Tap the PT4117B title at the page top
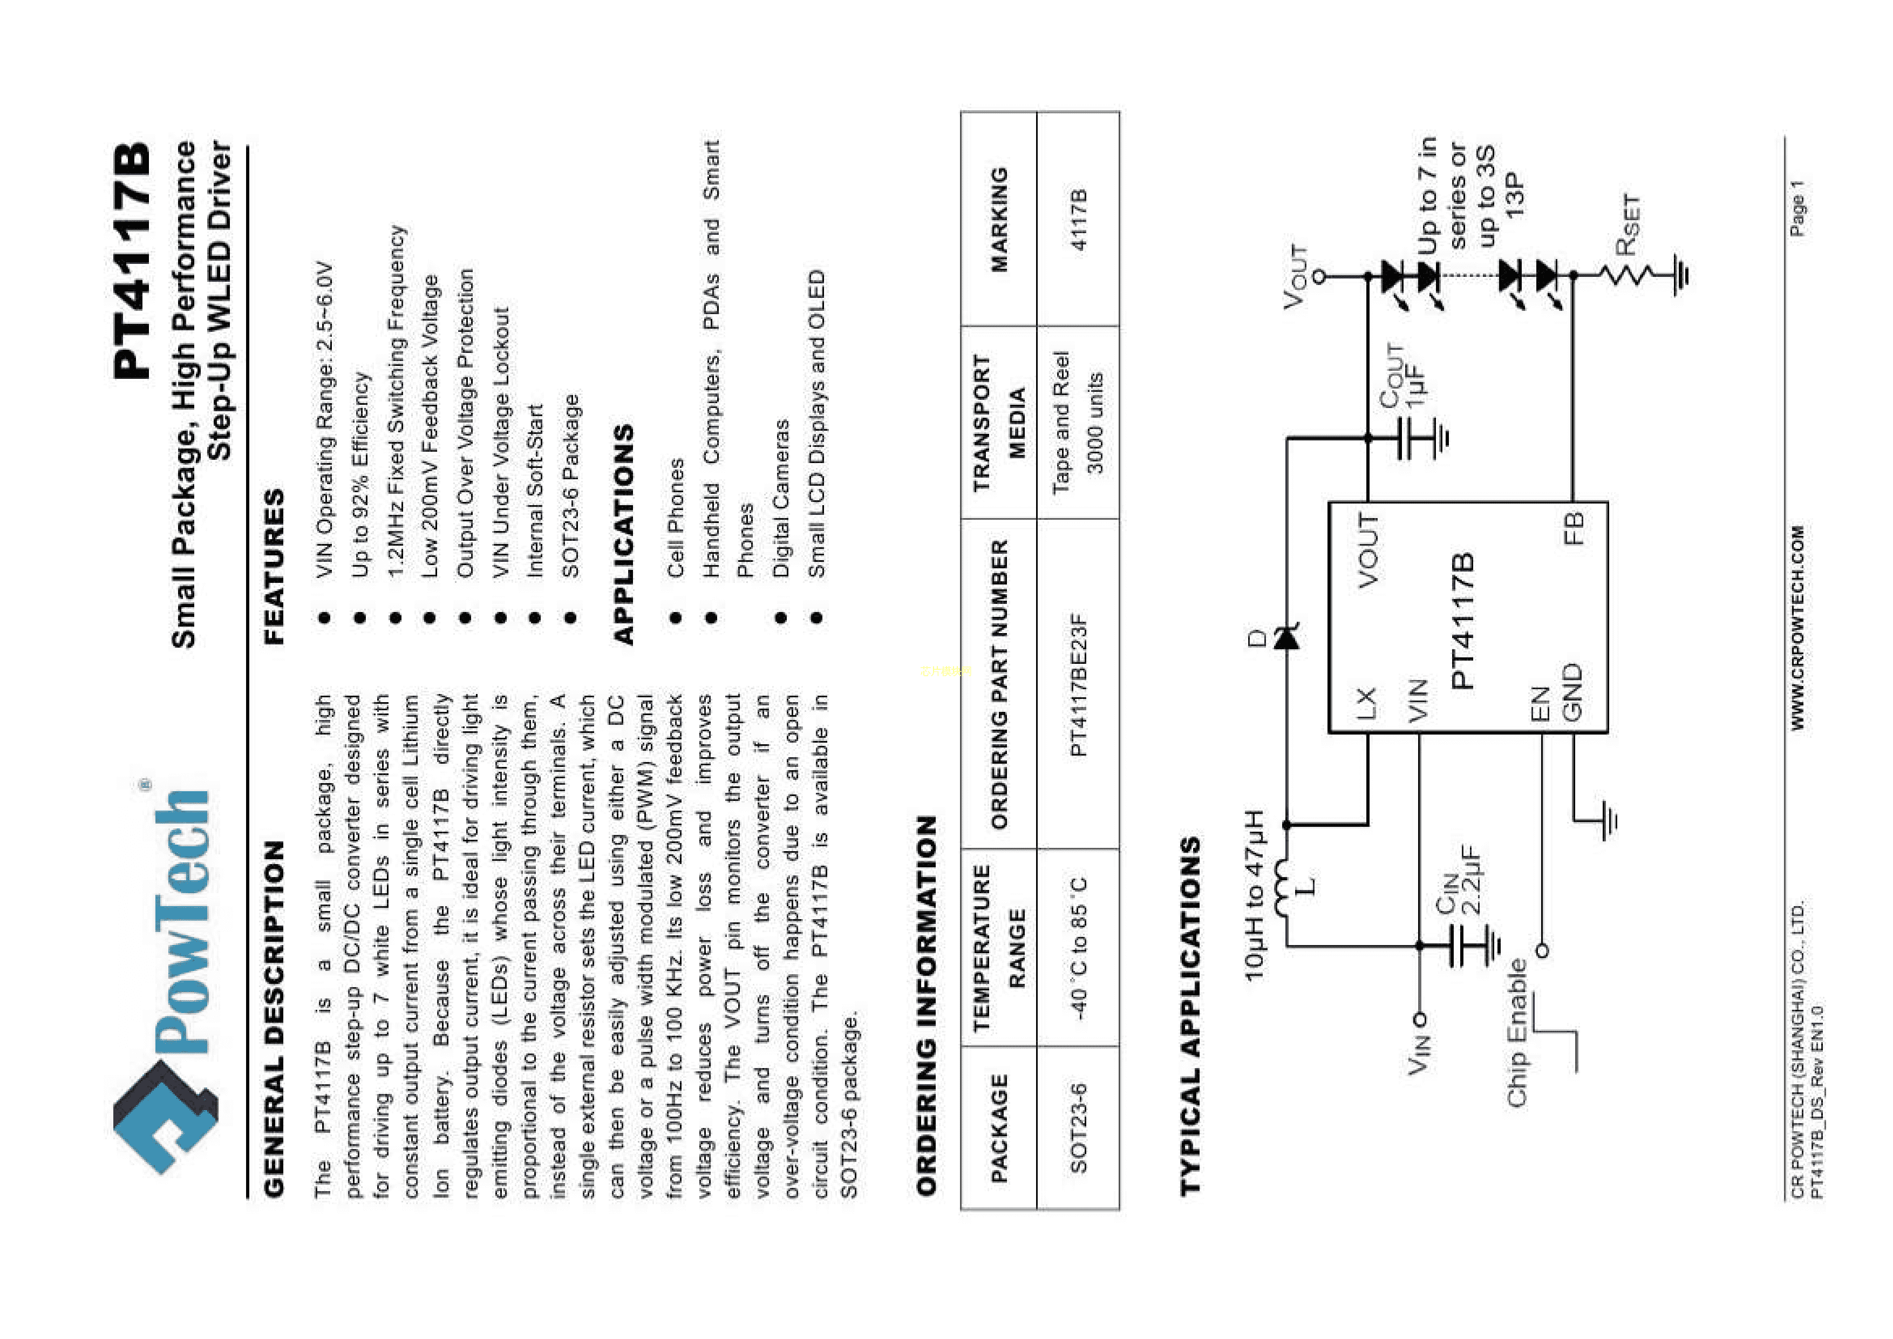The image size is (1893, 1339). click(x=132, y=261)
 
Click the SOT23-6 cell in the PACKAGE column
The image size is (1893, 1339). click(x=1078, y=1127)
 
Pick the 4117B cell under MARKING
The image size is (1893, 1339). click(x=1078, y=219)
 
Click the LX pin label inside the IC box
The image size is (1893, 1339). click(x=1366, y=703)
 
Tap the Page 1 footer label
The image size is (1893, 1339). click(x=1797, y=208)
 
